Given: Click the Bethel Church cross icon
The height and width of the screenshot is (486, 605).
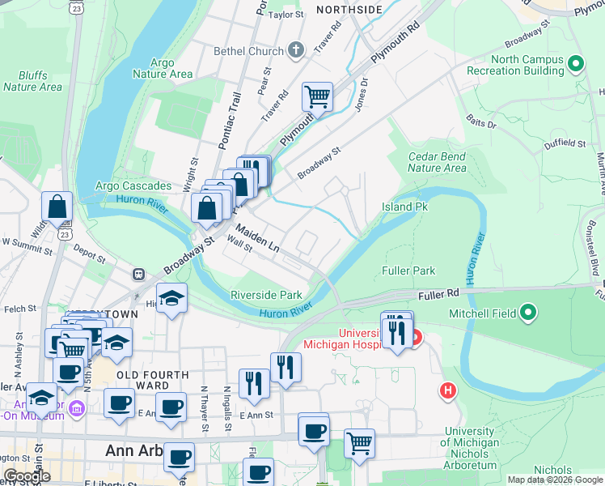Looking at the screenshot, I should click(x=296, y=51).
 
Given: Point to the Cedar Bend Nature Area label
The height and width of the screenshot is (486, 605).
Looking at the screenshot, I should click(x=437, y=162).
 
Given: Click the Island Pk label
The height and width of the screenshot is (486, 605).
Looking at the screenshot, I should click(x=404, y=207).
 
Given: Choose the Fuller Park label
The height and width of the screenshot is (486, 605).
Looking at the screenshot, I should click(x=408, y=271).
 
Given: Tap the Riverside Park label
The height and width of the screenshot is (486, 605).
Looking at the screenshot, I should click(x=266, y=295).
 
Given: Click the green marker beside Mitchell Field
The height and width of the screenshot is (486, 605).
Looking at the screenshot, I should click(x=529, y=311).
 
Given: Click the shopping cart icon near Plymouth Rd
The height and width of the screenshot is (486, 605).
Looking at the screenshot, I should click(x=318, y=96).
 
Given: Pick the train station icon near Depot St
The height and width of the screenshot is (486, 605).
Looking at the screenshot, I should click(x=139, y=275).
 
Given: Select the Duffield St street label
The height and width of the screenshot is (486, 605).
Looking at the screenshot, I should click(x=565, y=143).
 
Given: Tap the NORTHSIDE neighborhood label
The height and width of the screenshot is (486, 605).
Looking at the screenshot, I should click(x=349, y=9).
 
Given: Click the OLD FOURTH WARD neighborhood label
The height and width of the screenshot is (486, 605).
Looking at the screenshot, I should click(x=153, y=381).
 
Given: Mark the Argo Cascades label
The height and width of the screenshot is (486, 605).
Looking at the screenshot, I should click(x=133, y=186).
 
